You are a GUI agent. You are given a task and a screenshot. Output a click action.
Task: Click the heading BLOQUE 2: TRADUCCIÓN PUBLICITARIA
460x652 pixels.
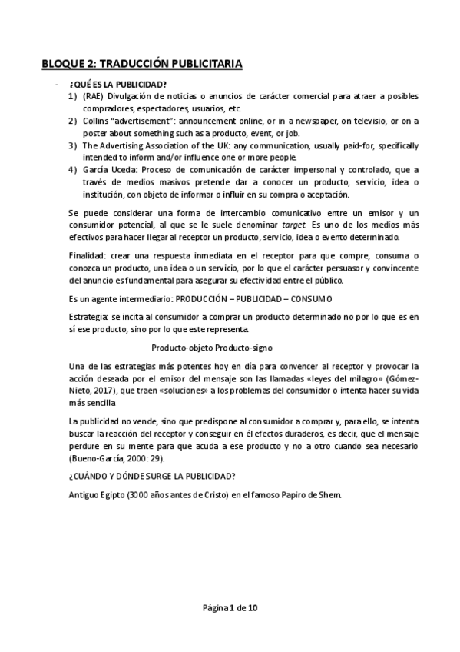[x=142, y=64]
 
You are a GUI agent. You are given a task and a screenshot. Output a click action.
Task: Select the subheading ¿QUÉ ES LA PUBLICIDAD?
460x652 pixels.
[x=117, y=83]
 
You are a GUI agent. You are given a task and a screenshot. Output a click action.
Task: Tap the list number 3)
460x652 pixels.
[x=72, y=146]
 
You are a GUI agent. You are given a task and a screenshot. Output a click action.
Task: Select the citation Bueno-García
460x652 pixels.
[x=97, y=459]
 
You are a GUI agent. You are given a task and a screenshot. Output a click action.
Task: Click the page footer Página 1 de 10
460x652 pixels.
[x=230, y=608]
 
